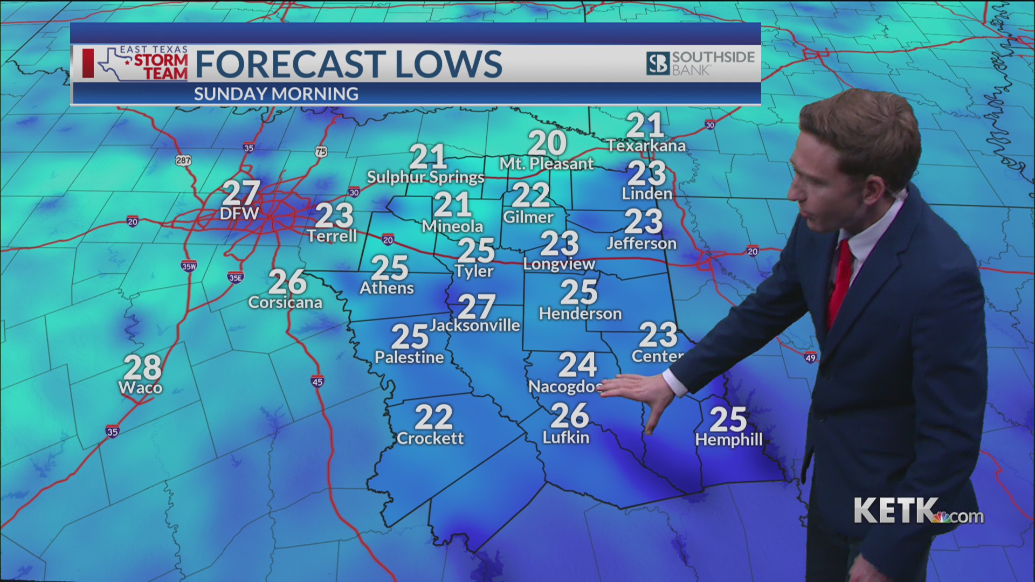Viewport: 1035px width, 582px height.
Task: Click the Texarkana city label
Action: tap(646, 145)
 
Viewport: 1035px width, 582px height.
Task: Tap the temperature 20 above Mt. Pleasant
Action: tap(547, 143)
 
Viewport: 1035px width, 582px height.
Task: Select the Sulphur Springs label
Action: tap(425, 177)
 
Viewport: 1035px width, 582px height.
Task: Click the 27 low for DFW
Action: tap(241, 193)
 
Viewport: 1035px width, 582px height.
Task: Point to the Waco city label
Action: tap(140, 387)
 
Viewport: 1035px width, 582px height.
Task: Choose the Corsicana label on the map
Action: tap(285, 302)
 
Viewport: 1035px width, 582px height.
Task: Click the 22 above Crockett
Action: tap(433, 417)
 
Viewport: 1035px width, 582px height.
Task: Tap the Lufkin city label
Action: tap(565, 437)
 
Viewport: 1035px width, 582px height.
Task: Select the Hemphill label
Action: tap(729, 440)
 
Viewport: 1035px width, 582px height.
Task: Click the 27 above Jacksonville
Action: tap(477, 307)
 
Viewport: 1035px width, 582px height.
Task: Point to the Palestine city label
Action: tap(409, 357)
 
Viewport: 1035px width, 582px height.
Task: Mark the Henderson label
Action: tap(580, 313)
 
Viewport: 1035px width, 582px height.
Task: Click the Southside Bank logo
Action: tap(700, 63)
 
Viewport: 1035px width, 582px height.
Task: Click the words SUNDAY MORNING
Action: tap(276, 94)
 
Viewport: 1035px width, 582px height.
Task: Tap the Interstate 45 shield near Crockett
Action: tap(317, 382)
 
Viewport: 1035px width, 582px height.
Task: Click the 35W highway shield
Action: tap(189, 266)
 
